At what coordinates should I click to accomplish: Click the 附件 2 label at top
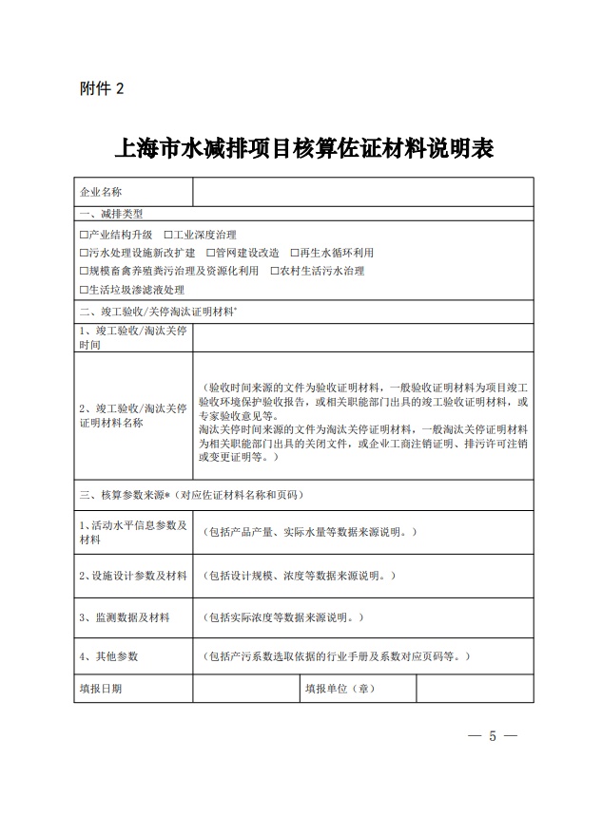coord(102,89)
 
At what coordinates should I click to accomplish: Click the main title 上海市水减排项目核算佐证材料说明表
coord(303,149)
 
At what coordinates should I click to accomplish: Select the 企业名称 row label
coord(102,192)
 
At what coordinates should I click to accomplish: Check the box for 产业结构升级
coord(84,235)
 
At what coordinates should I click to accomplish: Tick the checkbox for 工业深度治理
coord(167,235)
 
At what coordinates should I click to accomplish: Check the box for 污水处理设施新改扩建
coord(84,253)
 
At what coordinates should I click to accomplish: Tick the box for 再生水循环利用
coord(294,253)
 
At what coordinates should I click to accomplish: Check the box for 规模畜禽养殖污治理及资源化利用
coord(84,271)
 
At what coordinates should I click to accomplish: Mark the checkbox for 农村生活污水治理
coord(274,271)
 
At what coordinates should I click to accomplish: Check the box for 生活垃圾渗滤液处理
coord(84,290)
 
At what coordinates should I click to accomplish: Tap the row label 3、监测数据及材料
coord(125,617)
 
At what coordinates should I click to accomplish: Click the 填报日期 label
coord(101,688)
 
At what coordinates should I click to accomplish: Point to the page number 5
coord(493,736)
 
